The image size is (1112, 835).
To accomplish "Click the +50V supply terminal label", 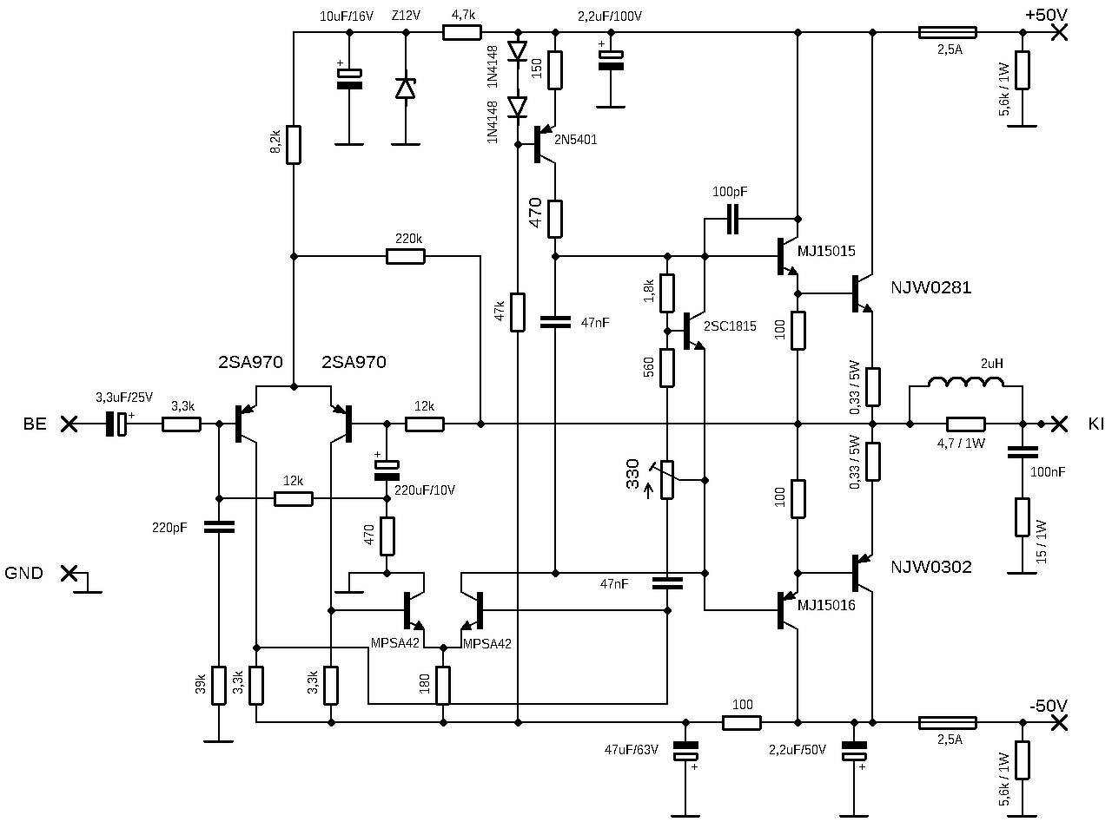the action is click(1046, 15).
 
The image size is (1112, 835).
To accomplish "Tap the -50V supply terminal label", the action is click(1049, 706).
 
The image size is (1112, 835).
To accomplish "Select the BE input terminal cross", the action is click(69, 424).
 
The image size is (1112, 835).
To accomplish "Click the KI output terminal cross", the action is click(1059, 424).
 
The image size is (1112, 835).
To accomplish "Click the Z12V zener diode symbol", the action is click(406, 89).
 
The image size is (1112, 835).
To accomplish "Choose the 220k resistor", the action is click(406, 257).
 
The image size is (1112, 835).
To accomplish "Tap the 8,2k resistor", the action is click(294, 145).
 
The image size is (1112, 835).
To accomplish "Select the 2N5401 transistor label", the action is click(575, 140).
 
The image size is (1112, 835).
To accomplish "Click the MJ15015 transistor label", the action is click(826, 251).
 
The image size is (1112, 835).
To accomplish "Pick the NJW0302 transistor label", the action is click(931, 567).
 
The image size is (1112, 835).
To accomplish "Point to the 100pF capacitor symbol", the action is click(732, 219).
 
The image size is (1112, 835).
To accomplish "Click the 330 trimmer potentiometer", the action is click(667, 480).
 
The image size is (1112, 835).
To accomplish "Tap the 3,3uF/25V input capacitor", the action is click(116, 424).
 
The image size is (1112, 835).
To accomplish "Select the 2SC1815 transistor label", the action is click(730, 326).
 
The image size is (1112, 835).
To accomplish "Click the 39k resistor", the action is click(218, 686).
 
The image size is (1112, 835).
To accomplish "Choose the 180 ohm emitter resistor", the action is click(443, 686).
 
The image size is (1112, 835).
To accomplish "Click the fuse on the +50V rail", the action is click(947, 33).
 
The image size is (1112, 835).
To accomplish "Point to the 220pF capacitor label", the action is click(169, 528).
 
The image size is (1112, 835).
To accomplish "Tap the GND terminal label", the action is click(23, 573).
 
